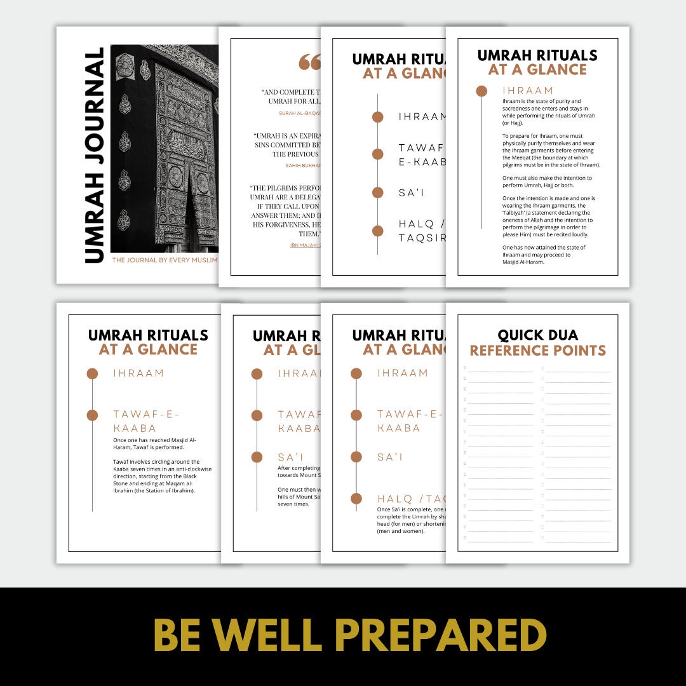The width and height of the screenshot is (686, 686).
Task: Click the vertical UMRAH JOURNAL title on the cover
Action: coord(93,155)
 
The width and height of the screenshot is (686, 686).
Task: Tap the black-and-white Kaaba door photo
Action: coord(165,148)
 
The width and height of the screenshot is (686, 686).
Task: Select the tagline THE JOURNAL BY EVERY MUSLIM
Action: coord(165,260)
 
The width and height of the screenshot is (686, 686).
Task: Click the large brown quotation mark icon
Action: coord(310,62)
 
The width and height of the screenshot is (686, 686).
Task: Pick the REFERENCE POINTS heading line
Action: coord(537,351)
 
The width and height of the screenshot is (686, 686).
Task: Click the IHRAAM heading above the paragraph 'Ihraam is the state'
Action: coord(528,91)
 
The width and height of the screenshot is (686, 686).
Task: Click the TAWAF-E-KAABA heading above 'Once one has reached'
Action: coord(146,421)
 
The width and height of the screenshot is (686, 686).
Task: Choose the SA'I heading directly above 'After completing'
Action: coord(290,457)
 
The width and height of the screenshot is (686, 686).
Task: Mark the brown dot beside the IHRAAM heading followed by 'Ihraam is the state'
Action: coord(481,91)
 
